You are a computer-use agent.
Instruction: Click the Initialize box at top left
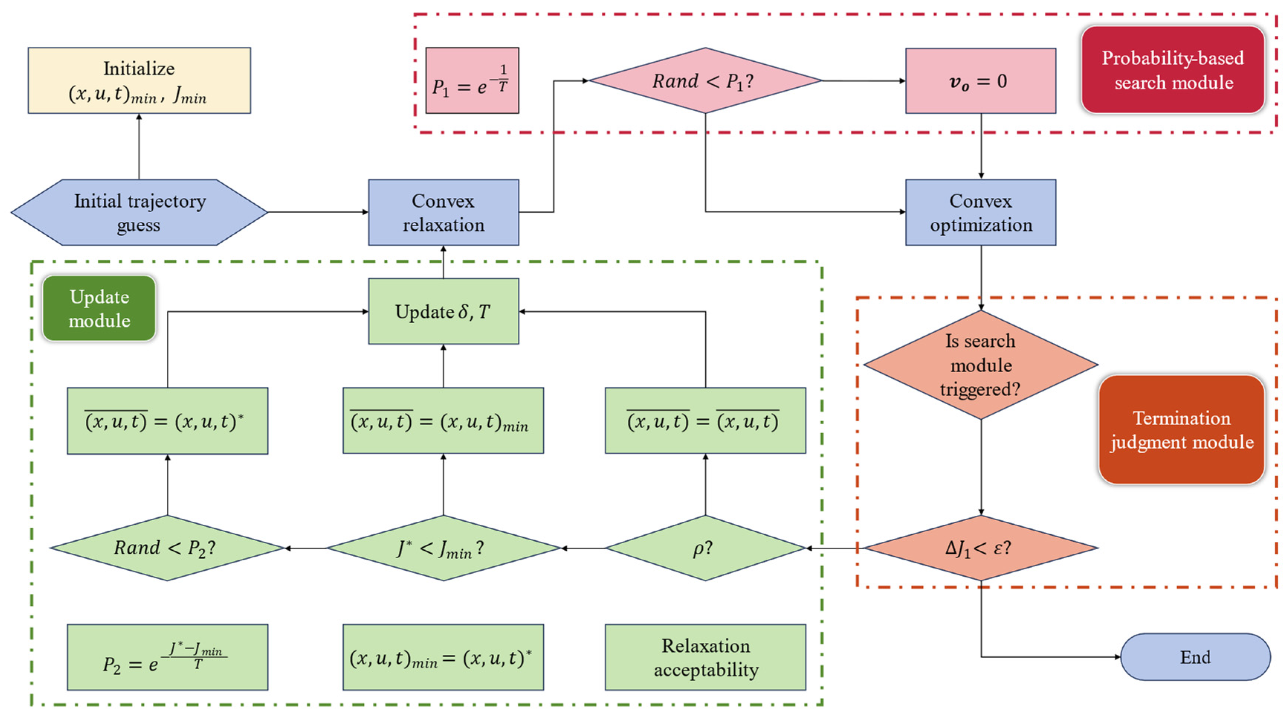click(139, 81)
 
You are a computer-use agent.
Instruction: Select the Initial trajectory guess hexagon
click(139, 212)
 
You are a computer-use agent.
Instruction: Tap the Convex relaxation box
click(443, 212)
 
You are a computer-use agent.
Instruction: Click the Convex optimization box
click(980, 212)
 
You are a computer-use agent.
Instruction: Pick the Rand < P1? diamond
click(705, 81)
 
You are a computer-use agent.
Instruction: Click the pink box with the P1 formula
click(472, 81)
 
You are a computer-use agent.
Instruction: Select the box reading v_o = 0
click(980, 81)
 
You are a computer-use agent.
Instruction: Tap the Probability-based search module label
click(1173, 70)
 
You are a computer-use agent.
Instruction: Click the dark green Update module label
click(99, 308)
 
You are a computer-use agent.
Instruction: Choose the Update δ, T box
click(443, 311)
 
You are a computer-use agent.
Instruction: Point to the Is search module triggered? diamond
click(980, 365)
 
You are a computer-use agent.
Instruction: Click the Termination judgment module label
click(1182, 430)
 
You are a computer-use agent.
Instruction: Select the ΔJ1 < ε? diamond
click(980, 548)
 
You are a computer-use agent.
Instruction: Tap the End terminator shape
click(1195, 657)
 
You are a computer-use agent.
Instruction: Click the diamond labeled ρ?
click(705, 548)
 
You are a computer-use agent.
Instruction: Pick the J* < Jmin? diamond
click(443, 548)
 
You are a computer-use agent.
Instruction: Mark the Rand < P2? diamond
click(167, 548)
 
